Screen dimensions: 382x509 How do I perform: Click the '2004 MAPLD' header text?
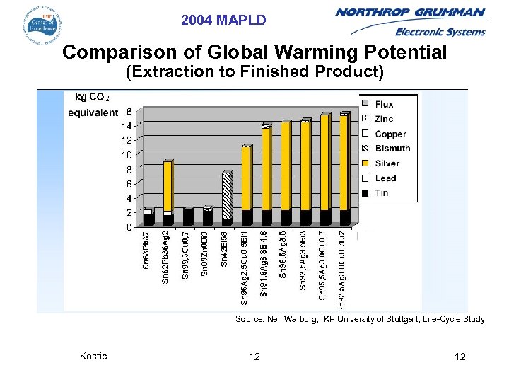pyautogui.click(x=223, y=21)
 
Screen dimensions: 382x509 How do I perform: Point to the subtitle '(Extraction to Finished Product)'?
pyautogui.click(x=254, y=72)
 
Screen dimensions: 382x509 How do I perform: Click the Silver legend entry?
pyautogui.click(x=387, y=163)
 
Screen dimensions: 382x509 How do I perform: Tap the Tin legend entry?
pyautogui.click(x=382, y=193)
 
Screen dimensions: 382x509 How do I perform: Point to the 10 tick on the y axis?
pyautogui.click(x=126, y=155)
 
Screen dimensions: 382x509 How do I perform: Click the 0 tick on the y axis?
pyautogui.click(x=129, y=227)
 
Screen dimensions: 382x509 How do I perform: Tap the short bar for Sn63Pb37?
pyautogui.click(x=148, y=218)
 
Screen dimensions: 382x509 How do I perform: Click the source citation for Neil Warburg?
pyautogui.click(x=360, y=320)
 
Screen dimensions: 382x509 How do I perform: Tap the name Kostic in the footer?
pyautogui.click(x=93, y=356)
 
